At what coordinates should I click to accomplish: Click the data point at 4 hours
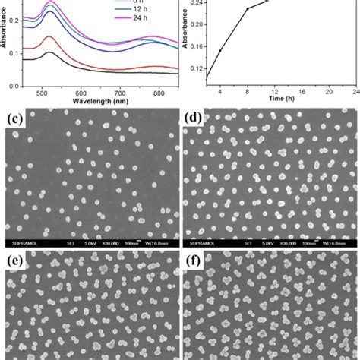(x=220, y=51)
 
